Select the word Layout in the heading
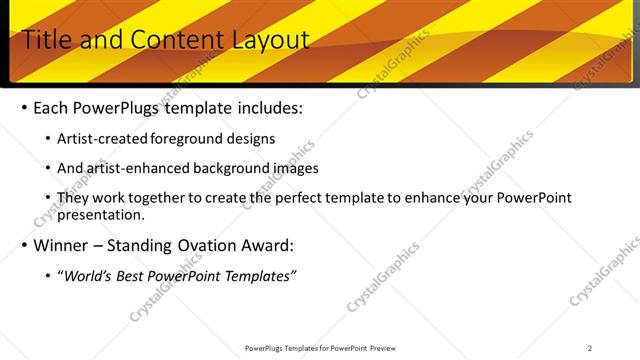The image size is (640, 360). pos(271,40)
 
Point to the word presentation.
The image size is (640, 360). pos(101,214)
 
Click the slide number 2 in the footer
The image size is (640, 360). pos(590,348)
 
